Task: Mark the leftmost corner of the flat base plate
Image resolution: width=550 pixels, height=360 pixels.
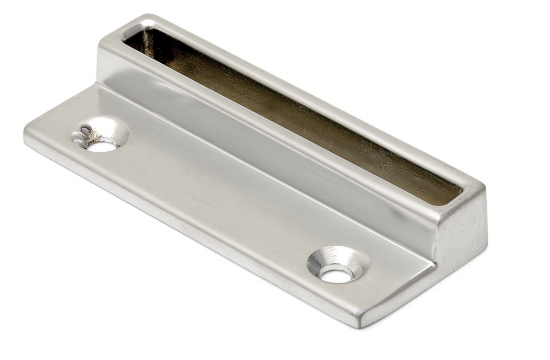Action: (x=26, y=130)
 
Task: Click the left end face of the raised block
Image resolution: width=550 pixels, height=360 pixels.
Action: (x=108, y=60)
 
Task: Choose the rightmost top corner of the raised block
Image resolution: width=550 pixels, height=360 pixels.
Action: (x=484, y=190)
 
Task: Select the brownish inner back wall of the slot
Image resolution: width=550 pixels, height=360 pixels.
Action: (x=300, y=110)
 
